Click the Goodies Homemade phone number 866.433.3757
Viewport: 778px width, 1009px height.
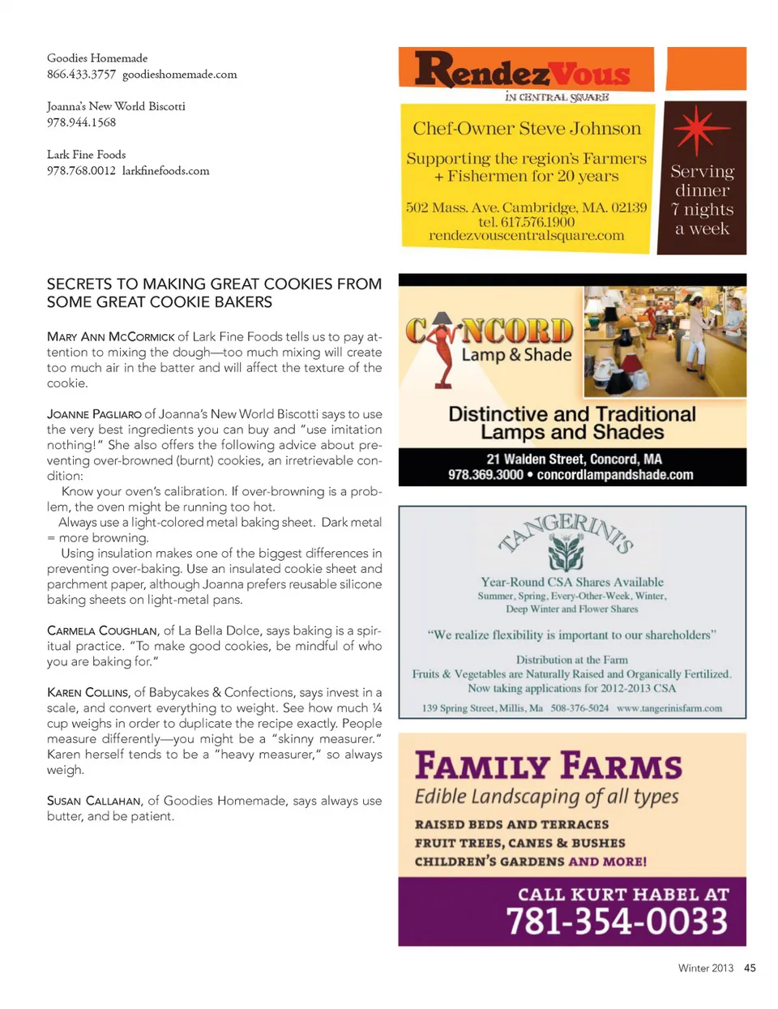81,75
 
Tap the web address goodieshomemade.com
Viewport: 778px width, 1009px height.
180,75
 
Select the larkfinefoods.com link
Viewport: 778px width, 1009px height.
166,171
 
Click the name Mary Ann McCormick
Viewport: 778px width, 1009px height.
111,337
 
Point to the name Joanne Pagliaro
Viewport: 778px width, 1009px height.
94,414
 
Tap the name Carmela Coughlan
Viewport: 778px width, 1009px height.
102,631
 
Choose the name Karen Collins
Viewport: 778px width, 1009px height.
88,693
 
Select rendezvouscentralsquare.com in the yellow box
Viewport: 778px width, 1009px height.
527,236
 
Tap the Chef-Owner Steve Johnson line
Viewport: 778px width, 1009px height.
527,129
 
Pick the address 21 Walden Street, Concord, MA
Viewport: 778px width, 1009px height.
574,459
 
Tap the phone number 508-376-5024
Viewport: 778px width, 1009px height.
579,708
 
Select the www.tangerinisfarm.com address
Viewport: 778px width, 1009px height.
669,708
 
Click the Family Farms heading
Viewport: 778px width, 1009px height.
549,766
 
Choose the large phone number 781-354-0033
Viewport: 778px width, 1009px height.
617,921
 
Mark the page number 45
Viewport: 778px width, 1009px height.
750,968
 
